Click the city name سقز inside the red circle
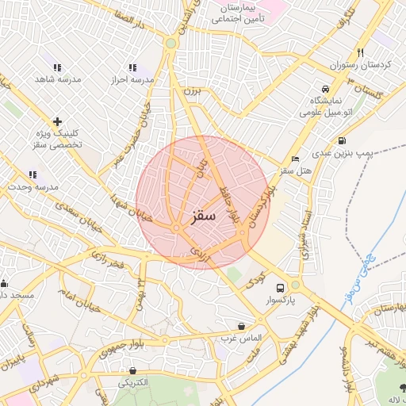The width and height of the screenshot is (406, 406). click(x=203, y=216)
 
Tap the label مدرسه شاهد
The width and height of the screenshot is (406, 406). click(x=55, y=80)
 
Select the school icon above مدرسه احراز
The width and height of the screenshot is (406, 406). click(x=132, y=68)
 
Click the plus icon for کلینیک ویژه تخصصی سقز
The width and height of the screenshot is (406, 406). click(x=56, y=121)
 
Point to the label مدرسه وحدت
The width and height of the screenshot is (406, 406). click(x=30, y=186)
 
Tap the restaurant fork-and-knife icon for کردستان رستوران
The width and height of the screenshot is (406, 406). click(x=361, y=52)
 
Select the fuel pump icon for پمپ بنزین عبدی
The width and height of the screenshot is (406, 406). click(x=341, y=141)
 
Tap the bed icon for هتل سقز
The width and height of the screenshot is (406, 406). click(x=296, y=159)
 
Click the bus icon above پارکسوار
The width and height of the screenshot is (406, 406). click(x=280, y=288)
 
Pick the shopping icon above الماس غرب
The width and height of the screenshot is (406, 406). click(x=241, y=326)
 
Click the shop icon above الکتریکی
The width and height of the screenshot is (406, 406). click(x=132, y=370)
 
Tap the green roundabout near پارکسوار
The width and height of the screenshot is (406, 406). click(x=295, y=285)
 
